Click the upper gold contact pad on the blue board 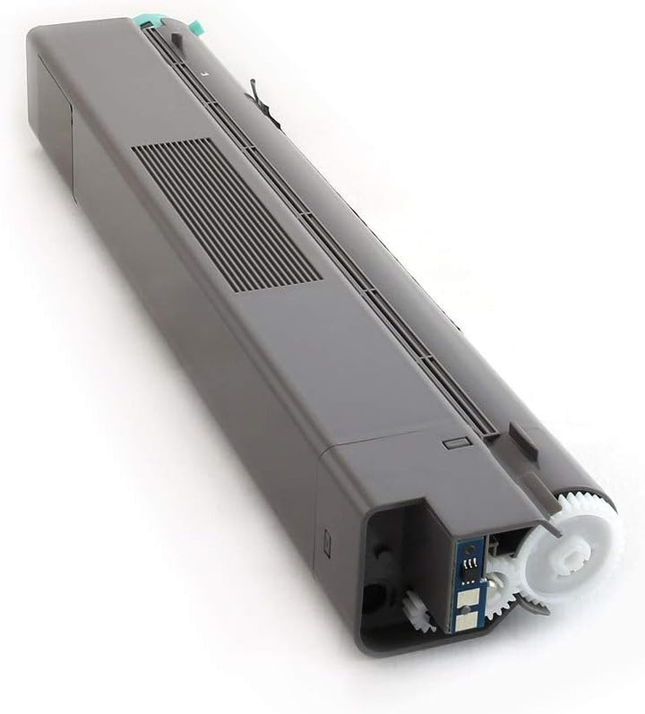click(468, 582)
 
